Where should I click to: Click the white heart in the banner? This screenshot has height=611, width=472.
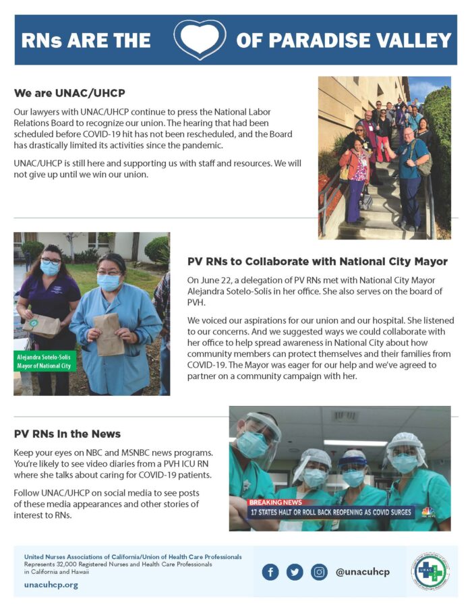pos(200,40)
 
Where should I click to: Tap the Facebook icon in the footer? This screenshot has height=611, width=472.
pos(270,572)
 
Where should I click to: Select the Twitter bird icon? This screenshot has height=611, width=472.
pos(295,572)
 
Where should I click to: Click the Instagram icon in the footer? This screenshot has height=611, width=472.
pos(319,572)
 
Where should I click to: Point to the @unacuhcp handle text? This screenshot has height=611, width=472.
pos(363,572)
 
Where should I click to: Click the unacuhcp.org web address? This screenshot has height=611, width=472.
pos(51,585)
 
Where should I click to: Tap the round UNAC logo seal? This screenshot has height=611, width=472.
pos(430,571)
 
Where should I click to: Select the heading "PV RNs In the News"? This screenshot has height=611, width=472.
pos(67,434)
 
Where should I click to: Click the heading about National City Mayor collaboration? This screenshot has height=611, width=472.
pos(318,261)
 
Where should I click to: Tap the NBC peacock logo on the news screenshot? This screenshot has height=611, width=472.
pos(428,512)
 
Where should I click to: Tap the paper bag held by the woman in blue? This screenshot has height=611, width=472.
pos(108,333)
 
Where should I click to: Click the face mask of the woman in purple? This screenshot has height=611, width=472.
pos(51,268)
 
